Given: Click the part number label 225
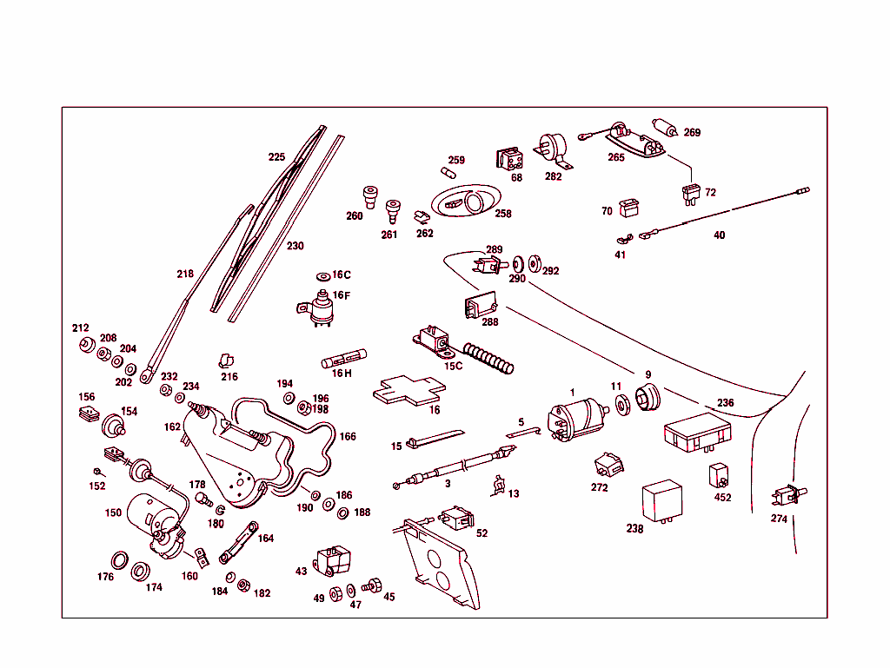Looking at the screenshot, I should click(276, 157).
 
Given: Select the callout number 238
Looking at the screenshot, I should click(635, 529).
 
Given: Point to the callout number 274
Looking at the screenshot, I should click(779, 519).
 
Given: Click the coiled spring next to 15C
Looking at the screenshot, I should click(489, 358).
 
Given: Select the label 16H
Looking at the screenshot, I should click(342, 374).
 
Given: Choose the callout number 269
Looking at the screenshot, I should click(692, 133).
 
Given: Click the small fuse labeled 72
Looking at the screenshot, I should click(692, 193).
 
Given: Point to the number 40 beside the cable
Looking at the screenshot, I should click(719, 235).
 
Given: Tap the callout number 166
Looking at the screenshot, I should click(348, 436).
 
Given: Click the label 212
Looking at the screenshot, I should click(81, 328).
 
